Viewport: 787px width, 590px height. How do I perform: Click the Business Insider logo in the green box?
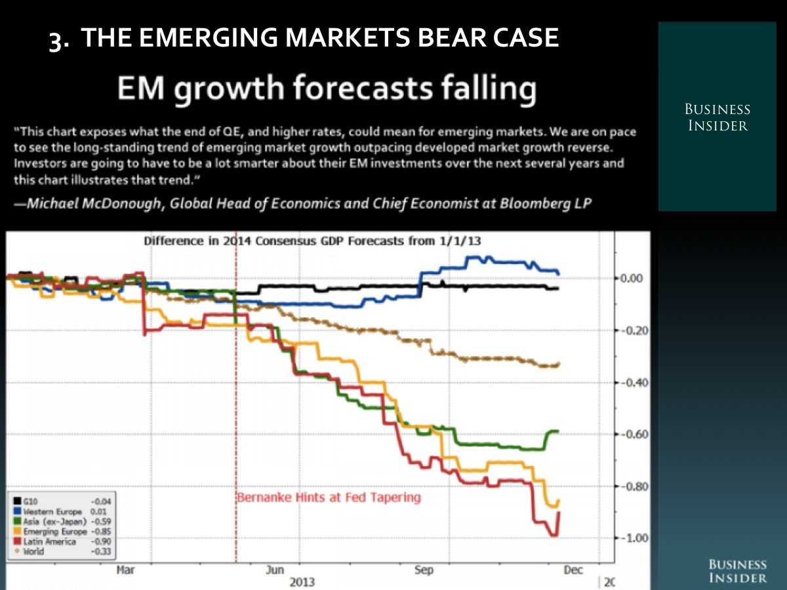[x=717, y=117]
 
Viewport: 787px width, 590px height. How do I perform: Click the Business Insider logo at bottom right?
[x=737, y=571]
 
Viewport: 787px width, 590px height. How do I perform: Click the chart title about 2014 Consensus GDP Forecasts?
[x=312, y=241]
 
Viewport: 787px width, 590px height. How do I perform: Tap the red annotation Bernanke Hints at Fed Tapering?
[x=329, y=497]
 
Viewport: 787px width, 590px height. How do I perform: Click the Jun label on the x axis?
[x=275, y=570]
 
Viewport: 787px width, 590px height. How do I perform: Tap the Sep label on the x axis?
[x=424, y=570]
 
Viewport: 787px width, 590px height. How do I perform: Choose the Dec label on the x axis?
[x=573, y=570]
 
